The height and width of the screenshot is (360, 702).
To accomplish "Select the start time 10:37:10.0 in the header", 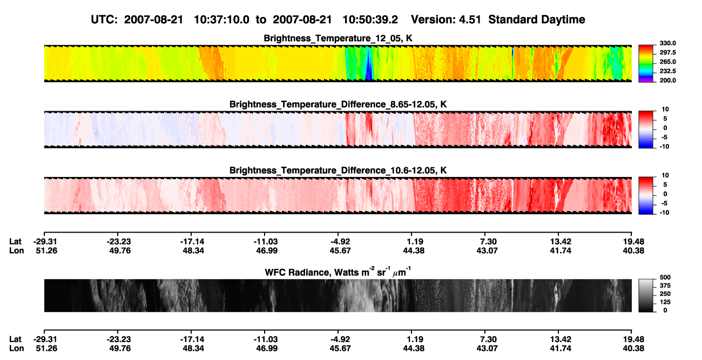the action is [x=221, y=19].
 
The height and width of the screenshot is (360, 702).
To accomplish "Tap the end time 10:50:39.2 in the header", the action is [x=370, y=19].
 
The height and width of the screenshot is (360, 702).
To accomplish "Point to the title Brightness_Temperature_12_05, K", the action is [x=338, y=38].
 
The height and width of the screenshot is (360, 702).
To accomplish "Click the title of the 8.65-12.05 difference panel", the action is [x=338, y=104].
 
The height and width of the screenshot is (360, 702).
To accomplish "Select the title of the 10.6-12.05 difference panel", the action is [x=338, y=171].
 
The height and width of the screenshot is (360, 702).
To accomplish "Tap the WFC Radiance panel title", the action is [x=338, y=271].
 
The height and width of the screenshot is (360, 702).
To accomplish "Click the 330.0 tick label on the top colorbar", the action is [x=667, y=43].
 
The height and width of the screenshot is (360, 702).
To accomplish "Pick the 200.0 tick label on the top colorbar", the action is [x=667, y=80].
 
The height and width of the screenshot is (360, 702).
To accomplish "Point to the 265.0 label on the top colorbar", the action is [x=667, y=62].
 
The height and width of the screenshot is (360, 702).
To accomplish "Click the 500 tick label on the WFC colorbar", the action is [x=665, y=277].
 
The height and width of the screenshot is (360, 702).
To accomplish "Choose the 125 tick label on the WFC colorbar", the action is [x=665, y=302].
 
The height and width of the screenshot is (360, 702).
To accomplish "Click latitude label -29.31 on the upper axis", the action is [x=45, y=242].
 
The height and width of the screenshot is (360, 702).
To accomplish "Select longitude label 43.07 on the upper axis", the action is [x=487, y=250].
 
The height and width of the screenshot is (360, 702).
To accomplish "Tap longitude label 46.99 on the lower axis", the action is [x=267, y=349].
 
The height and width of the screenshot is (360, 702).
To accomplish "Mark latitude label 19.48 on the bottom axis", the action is [x=633, y=339].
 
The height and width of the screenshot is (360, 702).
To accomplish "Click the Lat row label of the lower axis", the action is [x=15, y=339].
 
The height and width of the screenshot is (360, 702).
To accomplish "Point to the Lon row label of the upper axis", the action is [x=17, y=250].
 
